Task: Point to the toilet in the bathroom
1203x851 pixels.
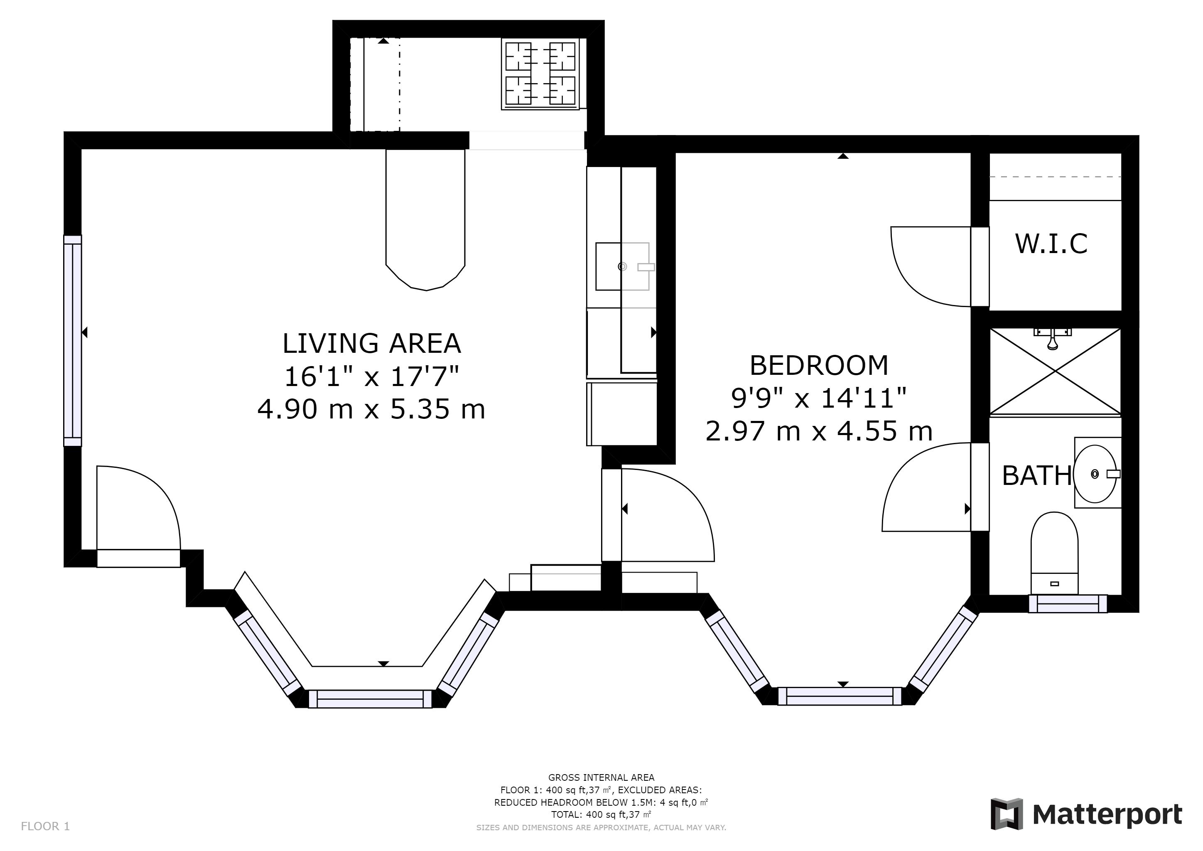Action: click(1054, 553)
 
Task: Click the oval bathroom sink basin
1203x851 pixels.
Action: click(1095, 474)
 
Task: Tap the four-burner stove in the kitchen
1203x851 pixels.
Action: click(540, 74)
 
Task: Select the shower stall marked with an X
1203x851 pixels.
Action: click(1055, 371)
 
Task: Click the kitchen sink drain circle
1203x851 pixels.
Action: click(622, 266)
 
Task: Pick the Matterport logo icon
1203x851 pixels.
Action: click(1007, 814)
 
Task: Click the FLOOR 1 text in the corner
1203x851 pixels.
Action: click(45, 826)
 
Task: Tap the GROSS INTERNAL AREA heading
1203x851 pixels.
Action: click(601, 777)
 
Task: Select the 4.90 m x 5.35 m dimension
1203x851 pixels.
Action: click(371, 409)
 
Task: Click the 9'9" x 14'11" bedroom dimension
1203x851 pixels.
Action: click(819, 398)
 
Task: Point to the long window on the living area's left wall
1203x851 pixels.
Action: click(73, 341)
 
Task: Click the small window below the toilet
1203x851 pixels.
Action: click(1068, 604)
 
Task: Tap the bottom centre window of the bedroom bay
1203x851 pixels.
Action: click(840, 696)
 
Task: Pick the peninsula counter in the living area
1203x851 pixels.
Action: click(425, 220)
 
